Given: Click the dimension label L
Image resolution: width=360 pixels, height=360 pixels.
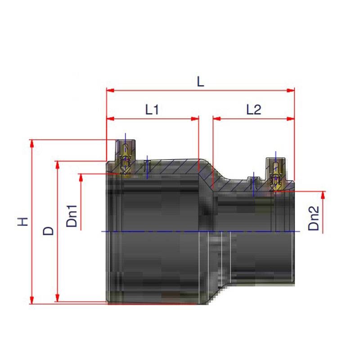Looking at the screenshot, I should pyautogui.click(x=200, y=81).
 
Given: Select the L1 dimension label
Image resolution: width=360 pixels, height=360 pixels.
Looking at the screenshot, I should pyautogui.click(x=152, y=110).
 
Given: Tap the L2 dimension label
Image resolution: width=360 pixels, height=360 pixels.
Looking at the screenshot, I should pyautogui.click(x=254, y=110).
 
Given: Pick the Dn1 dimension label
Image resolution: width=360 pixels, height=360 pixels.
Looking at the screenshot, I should pyautogui.click(x=72, y=216).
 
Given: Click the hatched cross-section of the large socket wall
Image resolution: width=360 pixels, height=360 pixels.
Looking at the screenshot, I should pyautogui.click(x=175, y=166).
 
